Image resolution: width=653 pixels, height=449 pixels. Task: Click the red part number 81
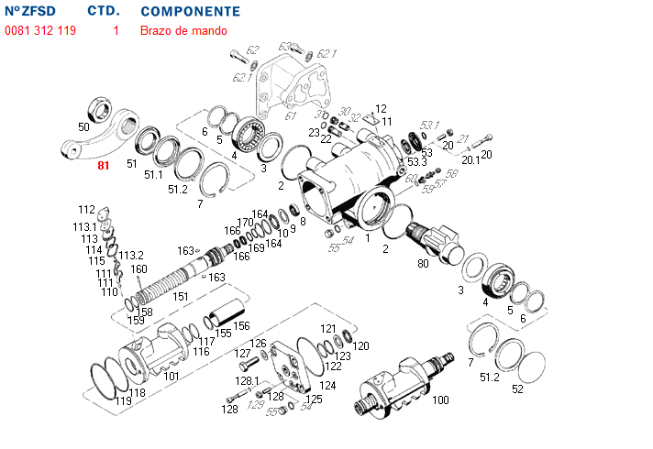[103, 166]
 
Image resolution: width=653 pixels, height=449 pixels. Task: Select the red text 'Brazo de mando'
[183, 30]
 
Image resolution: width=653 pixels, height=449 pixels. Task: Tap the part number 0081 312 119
[40, 30]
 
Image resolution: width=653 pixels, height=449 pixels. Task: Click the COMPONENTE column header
[191, 12]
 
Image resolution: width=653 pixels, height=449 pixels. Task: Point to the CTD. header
[104, 12]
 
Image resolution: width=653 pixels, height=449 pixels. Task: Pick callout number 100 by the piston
[440, 400]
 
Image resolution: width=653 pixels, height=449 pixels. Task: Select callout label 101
[171, 376]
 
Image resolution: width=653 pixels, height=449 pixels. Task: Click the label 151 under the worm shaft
[181, 296]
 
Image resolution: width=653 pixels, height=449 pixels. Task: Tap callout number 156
[240, 325]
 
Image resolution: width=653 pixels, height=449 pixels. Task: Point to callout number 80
[423, 265]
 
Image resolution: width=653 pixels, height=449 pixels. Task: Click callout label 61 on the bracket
[291, 116]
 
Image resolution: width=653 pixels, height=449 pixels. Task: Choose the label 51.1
[152, 174]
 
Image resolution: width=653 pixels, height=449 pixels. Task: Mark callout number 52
[518, 389]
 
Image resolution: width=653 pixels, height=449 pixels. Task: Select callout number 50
[83, 126]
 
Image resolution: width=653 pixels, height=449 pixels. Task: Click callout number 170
[245, 223]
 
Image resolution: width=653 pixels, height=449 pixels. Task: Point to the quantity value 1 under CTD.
[116, 30]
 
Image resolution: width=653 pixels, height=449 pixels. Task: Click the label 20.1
[470, 159]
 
